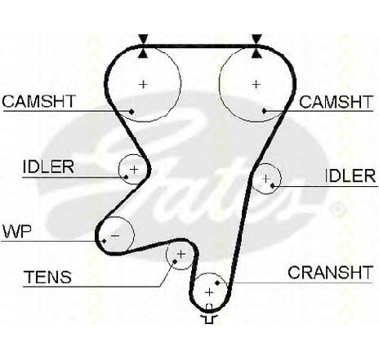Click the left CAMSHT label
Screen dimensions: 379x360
point(38,101)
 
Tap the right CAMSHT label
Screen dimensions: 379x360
point(336,102)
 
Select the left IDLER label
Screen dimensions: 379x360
point(48,167)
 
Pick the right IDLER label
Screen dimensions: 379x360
point(350,176)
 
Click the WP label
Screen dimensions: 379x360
point(17,232)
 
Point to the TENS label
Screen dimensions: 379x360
point(48,277)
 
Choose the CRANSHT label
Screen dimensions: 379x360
point(330,273)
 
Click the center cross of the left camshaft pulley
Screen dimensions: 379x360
point(143,84)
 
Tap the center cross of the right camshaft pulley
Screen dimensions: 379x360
point(256,84)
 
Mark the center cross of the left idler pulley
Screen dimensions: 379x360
point(134,170)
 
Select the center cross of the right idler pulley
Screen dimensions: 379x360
point(266,179)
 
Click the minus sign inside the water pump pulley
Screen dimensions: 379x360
point(115,235)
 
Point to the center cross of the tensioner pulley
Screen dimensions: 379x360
point(181,255)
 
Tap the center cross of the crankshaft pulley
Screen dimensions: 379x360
point(209,292)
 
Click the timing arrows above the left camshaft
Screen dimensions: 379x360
point(143,47)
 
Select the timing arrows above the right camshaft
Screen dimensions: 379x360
point(256,47)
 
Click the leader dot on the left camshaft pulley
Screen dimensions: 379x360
point(132,111)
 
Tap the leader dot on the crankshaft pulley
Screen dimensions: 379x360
point(217,283)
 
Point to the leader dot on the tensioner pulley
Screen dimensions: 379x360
point(175,261)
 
